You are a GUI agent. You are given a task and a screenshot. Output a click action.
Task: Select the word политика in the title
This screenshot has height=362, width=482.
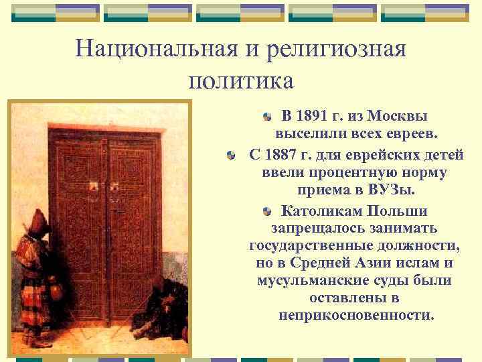pos(241,80)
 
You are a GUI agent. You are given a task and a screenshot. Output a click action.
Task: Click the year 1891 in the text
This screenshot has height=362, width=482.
pos(317,115)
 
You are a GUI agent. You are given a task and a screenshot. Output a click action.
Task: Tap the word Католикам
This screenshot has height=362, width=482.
pos(320,211)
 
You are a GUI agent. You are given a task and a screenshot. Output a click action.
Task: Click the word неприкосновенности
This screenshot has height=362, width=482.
pos(356,314)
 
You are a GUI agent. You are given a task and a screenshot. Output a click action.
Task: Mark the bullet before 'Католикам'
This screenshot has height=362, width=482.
pos(267,212)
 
